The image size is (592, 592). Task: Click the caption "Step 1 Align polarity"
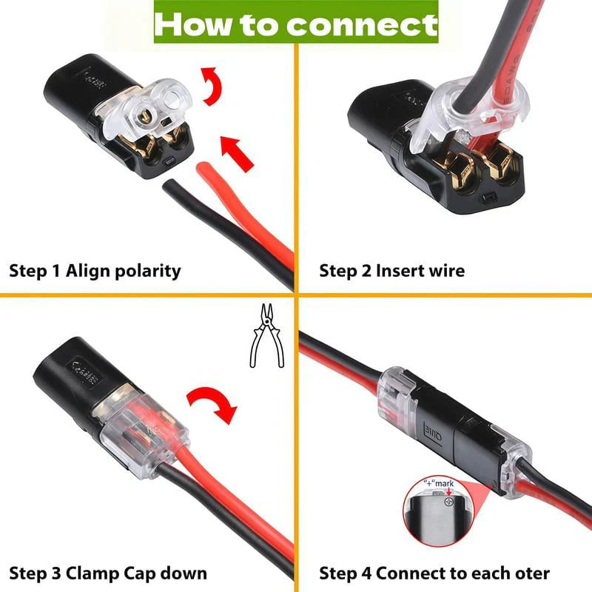[95, 270]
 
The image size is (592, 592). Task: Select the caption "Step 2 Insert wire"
[392, 270]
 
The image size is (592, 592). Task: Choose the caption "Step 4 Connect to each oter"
[434, 573]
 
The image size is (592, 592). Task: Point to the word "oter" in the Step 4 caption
[534, 573]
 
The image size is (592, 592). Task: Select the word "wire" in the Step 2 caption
[446, 270]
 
